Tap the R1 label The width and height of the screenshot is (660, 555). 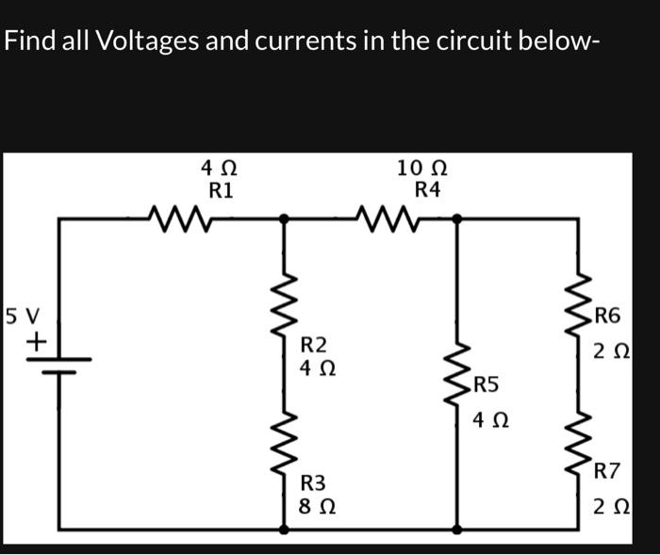pos(221,189)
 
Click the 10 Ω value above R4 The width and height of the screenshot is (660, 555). pos(421,169)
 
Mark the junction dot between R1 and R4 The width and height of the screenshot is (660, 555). pos(284,219)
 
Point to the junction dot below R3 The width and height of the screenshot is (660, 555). pos(284,530)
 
